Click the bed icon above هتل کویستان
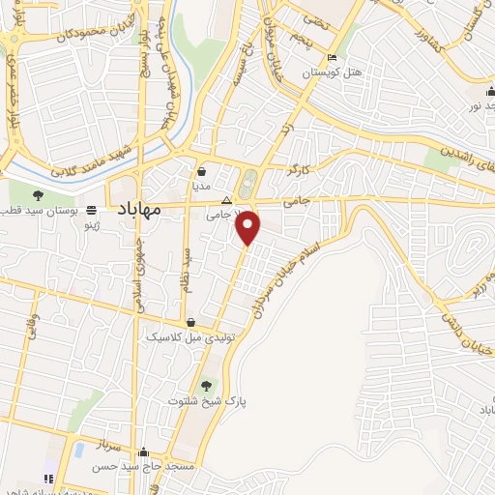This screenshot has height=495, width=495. coord(333,57)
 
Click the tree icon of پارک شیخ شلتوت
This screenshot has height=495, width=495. coord(207,385)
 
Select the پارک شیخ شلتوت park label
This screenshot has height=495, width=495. coord(207,400)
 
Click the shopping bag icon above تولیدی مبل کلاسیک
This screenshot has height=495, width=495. coord(191,323)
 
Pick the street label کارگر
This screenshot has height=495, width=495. coord(301,169)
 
